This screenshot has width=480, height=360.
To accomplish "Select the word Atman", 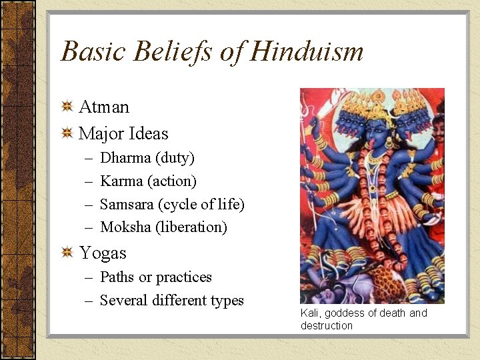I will click(x=104, y=107).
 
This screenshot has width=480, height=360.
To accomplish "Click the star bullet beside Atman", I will click(x=67, y=107).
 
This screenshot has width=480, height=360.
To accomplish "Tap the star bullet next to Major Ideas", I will click(x=67, y=133).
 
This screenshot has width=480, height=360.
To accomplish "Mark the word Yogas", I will click(x=103, y=253).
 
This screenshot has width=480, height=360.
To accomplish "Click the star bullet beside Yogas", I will click(x=67, y=253).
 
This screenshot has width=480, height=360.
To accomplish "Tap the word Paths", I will click(x=117, y=277).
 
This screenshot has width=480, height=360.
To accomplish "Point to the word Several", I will click(x=124, y=301).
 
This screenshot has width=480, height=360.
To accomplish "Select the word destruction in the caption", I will click(x=327, y=326).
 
